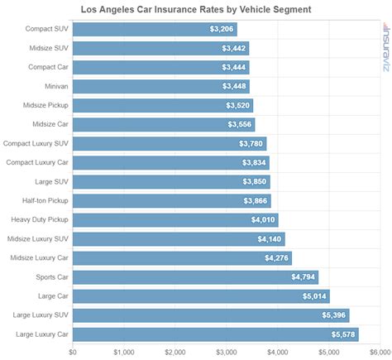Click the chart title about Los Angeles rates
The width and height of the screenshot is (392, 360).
[196, 10]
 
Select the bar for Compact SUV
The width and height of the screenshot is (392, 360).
[141, 29]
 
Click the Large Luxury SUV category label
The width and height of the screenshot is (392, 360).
[39, 315]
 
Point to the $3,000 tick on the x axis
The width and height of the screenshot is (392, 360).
[226, 352]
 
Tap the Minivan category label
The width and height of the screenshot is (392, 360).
[52, 86]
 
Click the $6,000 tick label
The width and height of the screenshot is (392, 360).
[380, 352]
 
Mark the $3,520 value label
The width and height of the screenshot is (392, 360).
[238, 105]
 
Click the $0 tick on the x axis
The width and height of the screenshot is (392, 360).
[73, 352]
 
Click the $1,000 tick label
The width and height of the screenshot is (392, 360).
[123, 352]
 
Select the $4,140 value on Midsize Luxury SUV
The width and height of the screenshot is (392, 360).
[267, 239]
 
